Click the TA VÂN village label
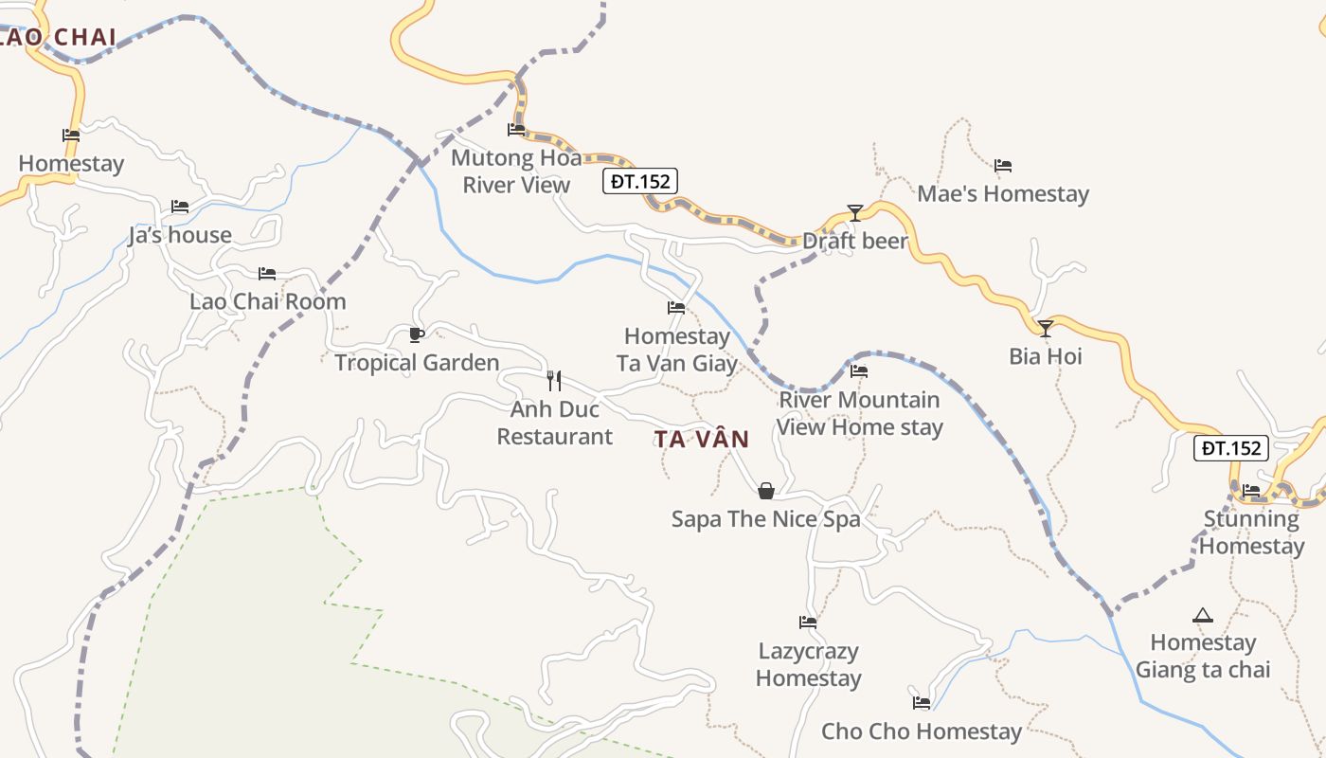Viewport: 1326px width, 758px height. [x=701, y=440]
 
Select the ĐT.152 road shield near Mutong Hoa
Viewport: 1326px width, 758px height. [x=641, y=180]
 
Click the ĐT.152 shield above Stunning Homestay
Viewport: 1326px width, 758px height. [x=1230, y=448]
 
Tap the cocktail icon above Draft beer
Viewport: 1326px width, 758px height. [x=855, y=213]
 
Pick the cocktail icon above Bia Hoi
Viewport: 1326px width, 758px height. [x=1046, y=329]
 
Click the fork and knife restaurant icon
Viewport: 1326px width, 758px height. [x=554, y=381]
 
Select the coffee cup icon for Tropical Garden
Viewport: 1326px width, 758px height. [x=416, y=334]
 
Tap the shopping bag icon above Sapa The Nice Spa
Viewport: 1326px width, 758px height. [x=766, y=491]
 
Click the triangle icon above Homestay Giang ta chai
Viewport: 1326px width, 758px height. [x=1203, y=616]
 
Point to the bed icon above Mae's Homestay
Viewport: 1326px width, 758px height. [x=1003, y=166]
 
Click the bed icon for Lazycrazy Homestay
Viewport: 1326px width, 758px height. [x=808, y=623]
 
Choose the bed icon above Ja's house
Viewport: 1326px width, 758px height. [x=180, y=207]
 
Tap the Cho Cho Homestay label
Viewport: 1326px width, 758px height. [x=922, y=731]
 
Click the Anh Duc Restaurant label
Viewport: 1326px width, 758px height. [x=555, y=423]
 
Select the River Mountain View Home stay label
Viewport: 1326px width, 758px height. [x=860, y=413]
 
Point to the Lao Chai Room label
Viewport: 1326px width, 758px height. [x=268, y=301]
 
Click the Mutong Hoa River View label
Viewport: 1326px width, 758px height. [x=516, y=171]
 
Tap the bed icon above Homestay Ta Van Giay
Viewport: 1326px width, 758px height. [x=676, y=308]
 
